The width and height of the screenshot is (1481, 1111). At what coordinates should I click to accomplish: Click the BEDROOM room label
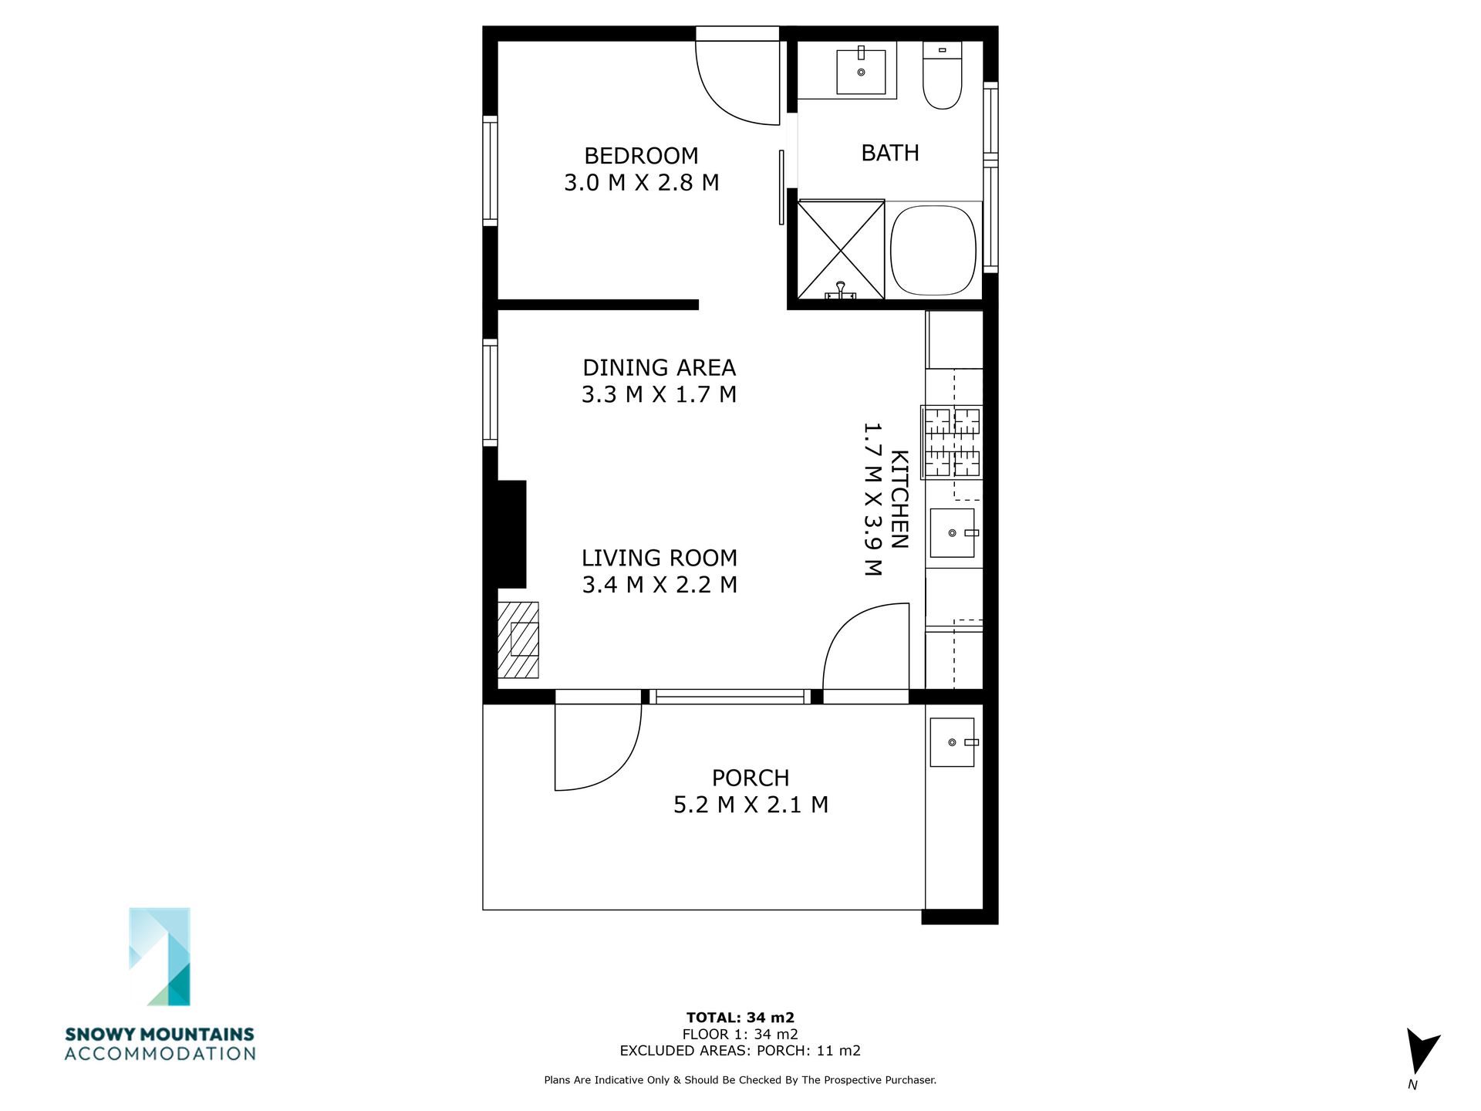(x=641, y=156)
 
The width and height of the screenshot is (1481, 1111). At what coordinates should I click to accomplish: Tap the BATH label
(x=890, y=153)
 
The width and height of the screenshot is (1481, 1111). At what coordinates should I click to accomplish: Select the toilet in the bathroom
(x=942, y=75)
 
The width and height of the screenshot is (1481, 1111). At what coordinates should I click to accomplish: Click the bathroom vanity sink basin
(x=861, y=72)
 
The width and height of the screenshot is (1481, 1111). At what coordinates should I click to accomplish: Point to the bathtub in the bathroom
(x=933, y=250)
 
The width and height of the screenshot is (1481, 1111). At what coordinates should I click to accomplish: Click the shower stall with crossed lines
(x=841, y=249)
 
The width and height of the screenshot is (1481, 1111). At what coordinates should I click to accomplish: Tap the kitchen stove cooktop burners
(x=952, y=443)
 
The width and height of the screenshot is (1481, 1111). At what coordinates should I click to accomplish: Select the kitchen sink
(x=953, y=532)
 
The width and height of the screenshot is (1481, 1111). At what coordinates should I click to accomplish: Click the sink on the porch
(x=953, y=742)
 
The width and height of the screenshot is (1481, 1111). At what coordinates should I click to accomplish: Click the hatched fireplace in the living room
(x=518, y=640)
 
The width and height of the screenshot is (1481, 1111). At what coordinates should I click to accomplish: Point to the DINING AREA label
(x=659, y=367)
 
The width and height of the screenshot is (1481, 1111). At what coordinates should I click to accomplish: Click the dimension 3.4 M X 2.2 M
(x=660, y=585)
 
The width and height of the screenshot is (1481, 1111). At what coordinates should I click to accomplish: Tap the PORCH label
(x=751, y=778)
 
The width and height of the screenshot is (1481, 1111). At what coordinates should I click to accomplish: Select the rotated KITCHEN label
(x=899, y=499)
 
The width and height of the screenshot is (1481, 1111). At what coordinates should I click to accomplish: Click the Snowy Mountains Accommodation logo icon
(x=160, y=957)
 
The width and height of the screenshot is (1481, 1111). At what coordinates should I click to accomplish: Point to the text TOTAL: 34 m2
(x=740, y=1018)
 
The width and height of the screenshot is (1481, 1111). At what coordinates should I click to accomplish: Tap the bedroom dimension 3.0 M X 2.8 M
(x=642, y=183)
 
